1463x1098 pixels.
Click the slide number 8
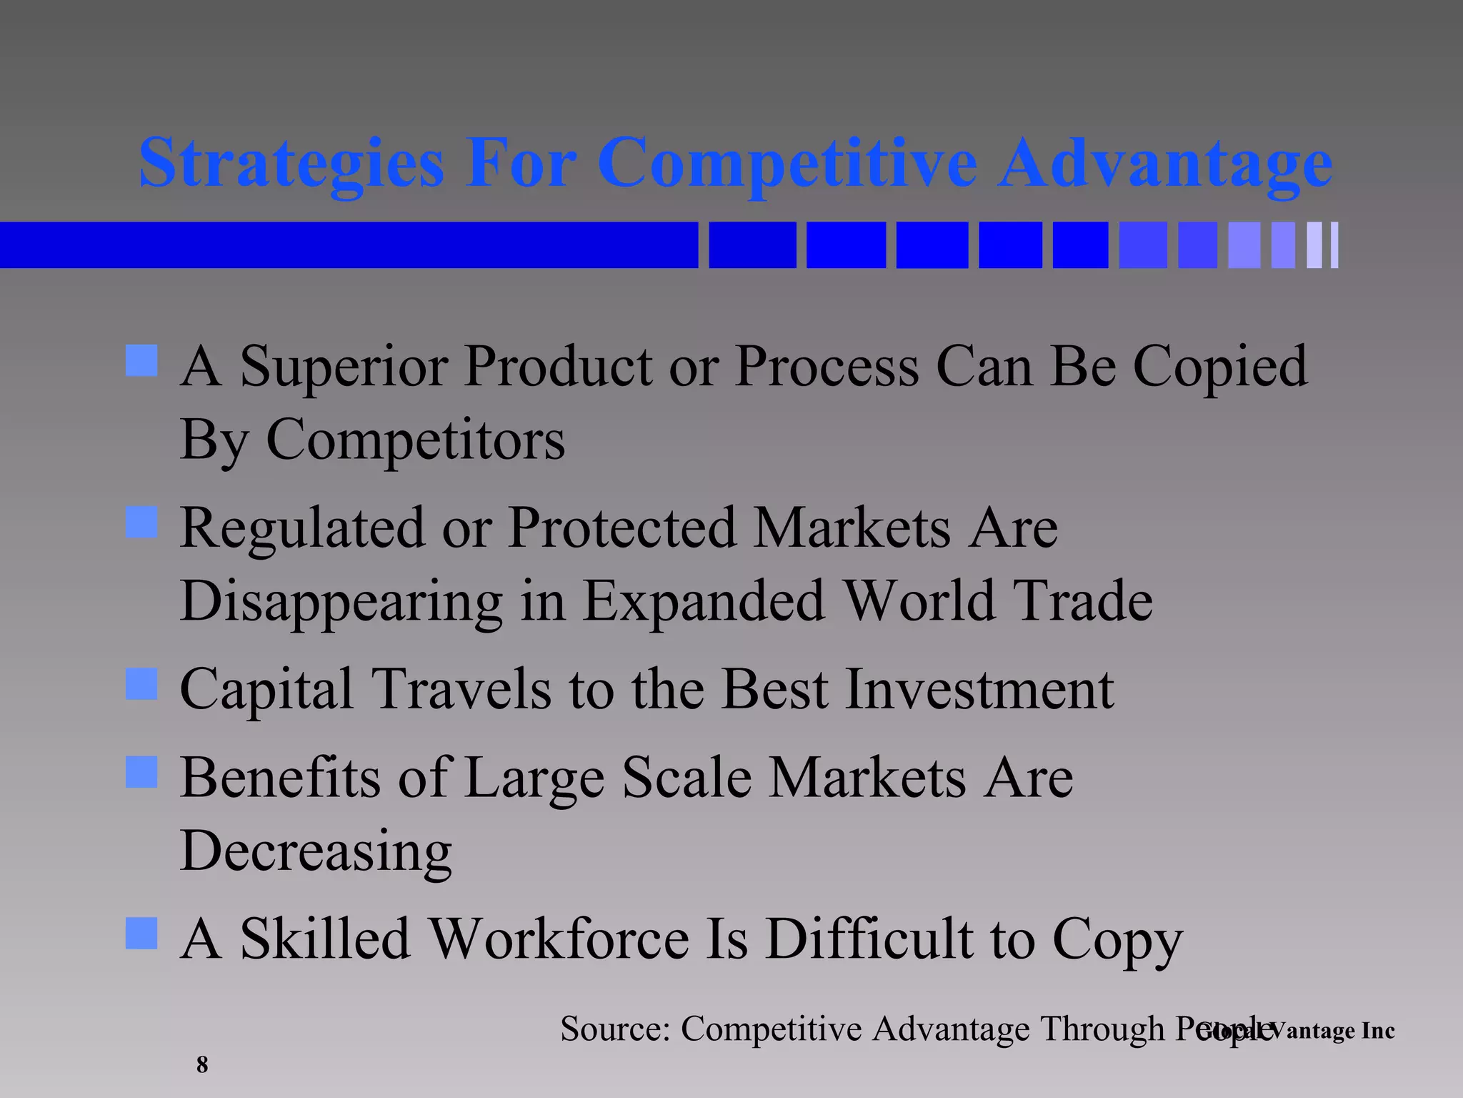(x=202, y=1064)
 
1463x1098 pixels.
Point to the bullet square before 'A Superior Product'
(x=141, y=361)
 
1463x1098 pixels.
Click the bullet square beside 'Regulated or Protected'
(x=141, y=523)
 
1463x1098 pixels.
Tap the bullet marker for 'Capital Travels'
(x=141, y=684)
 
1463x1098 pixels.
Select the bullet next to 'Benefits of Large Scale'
(x=141, y=772)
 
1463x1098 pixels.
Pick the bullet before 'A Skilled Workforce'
(x=141, y=934)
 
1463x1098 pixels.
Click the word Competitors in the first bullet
(x=415, y=439)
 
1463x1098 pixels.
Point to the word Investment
(x=979, y=689)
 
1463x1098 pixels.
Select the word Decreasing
(x=316, y=852)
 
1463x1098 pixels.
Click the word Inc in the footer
(x=1377, y=1031)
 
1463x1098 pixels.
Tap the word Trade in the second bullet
(x=1083, y=600)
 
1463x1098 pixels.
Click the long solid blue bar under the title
(x=349, y=245)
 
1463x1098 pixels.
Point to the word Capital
(x=266, y=691)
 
